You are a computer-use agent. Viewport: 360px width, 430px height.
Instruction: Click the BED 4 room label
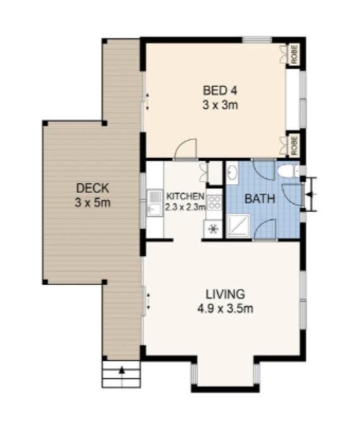point(220,91)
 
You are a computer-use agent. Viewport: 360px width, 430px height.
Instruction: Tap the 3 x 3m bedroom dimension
point(220,105)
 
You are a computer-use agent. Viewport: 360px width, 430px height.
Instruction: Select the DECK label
point(93,188)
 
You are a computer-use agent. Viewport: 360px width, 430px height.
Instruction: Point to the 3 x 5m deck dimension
point(93,203)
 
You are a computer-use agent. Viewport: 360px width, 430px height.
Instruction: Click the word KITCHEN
point(185,196)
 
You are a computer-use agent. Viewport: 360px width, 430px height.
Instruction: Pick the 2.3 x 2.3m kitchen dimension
point(185,207)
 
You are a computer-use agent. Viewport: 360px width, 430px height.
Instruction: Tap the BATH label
point(260,199)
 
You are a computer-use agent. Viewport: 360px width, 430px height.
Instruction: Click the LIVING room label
point(225,294)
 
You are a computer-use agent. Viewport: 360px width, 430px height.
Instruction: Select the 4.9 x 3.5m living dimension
point(225,308)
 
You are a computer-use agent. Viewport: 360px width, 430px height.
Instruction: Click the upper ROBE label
point(295,55)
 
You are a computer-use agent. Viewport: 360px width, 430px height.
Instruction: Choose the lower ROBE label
point(295,145)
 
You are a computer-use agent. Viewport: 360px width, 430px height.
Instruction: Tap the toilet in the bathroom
point(288,171)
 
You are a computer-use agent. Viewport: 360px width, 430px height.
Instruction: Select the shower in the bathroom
point(239,225)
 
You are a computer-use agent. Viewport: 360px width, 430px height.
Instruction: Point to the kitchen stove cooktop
point(214,202)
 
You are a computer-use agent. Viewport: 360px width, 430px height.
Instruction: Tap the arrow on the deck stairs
point(121,370)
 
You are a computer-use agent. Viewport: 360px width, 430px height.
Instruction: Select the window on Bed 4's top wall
point(257,40)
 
